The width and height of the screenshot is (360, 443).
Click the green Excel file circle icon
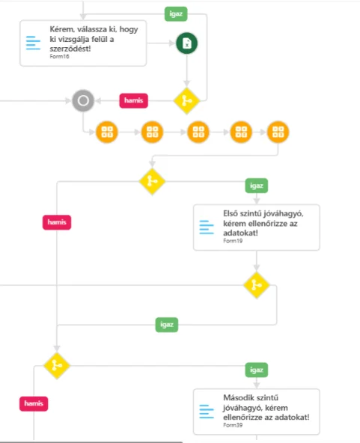coord(187,43)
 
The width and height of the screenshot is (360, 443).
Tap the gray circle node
coord(83,100)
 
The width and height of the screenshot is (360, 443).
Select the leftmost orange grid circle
coord(107,132)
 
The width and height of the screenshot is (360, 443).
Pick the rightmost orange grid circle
coord(278,132)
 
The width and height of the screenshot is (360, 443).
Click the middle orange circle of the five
coord(198,132)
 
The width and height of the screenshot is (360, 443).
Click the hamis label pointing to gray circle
coord(134,100)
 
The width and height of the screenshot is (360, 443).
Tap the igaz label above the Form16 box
coord(176,13)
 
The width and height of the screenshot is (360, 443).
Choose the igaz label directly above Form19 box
coord(257,186)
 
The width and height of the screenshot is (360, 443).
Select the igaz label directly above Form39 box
coord(257,370)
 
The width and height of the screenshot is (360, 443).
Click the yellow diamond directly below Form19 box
coord(257,285)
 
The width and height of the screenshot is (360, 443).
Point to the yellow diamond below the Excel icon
coord(187,101)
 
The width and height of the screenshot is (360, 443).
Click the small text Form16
coord(59,56)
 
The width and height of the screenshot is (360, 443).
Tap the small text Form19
coord(233,241)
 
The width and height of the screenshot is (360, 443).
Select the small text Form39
coord(233,425)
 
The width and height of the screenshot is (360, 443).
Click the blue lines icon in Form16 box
coord(33,43)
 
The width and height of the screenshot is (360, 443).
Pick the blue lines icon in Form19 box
coord(207,227)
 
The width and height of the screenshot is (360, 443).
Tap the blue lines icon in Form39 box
coord(207,412)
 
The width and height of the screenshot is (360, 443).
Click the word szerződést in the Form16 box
coord(70,49)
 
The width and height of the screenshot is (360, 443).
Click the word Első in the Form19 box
coord(231,213)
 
